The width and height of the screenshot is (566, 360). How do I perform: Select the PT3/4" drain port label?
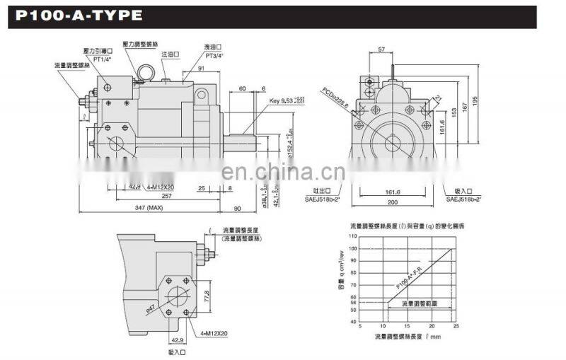pyautogui.click(x=195, y=56)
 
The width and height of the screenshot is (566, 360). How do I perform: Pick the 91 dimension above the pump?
pyautogui.click(x=201, y=69)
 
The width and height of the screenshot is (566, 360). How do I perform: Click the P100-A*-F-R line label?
pyautogui.click(x=410, y=275)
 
